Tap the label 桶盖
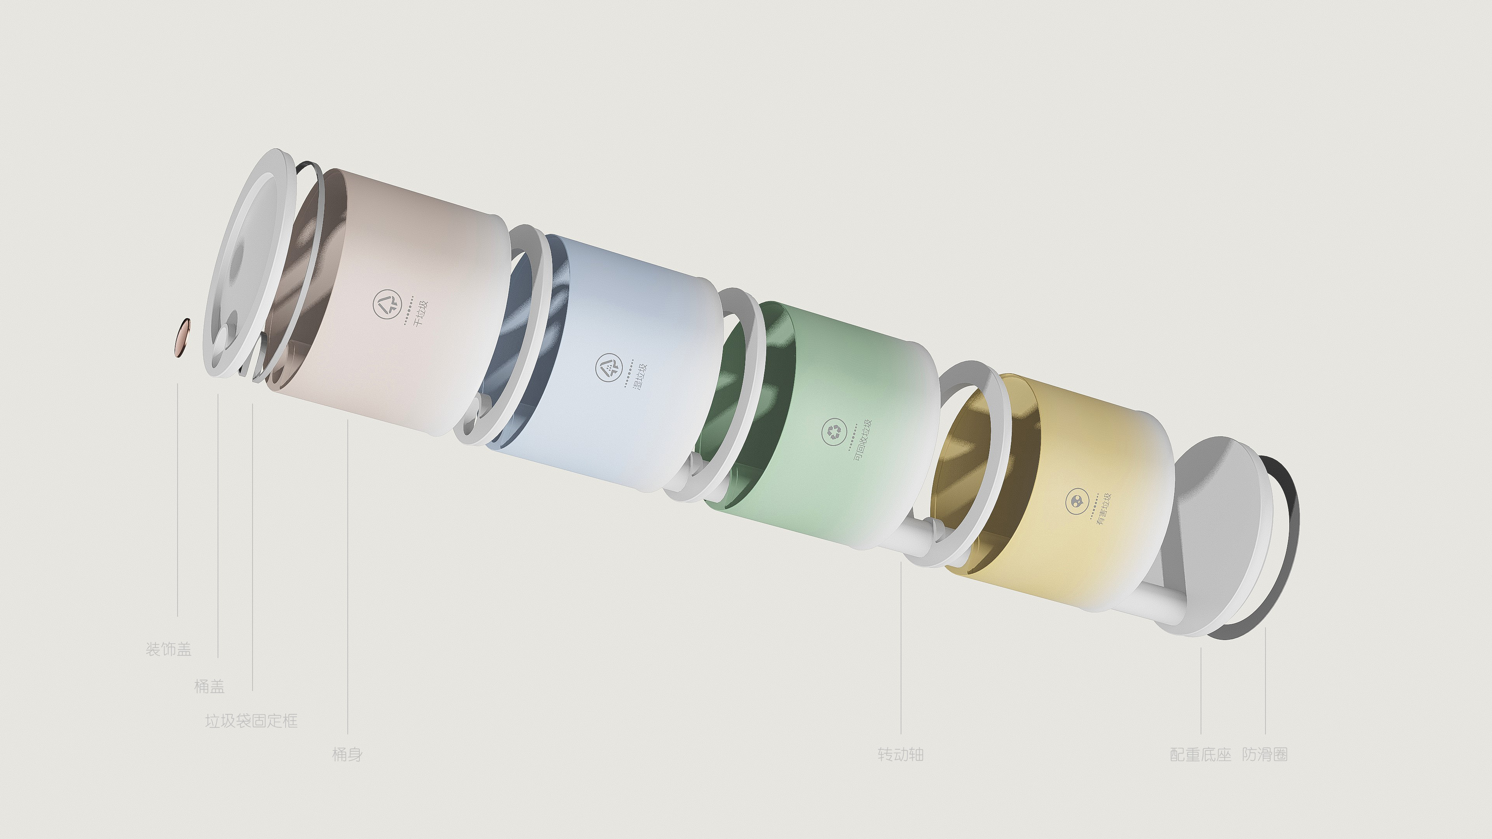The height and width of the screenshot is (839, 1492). (x=209, y=687)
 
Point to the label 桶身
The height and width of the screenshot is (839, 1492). (x=347, y=754)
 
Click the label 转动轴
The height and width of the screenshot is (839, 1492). (x=901, y=754)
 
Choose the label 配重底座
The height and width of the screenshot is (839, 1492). (x=1201, y=754)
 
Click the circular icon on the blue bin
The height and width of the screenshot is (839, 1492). (x=609, y=367)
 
